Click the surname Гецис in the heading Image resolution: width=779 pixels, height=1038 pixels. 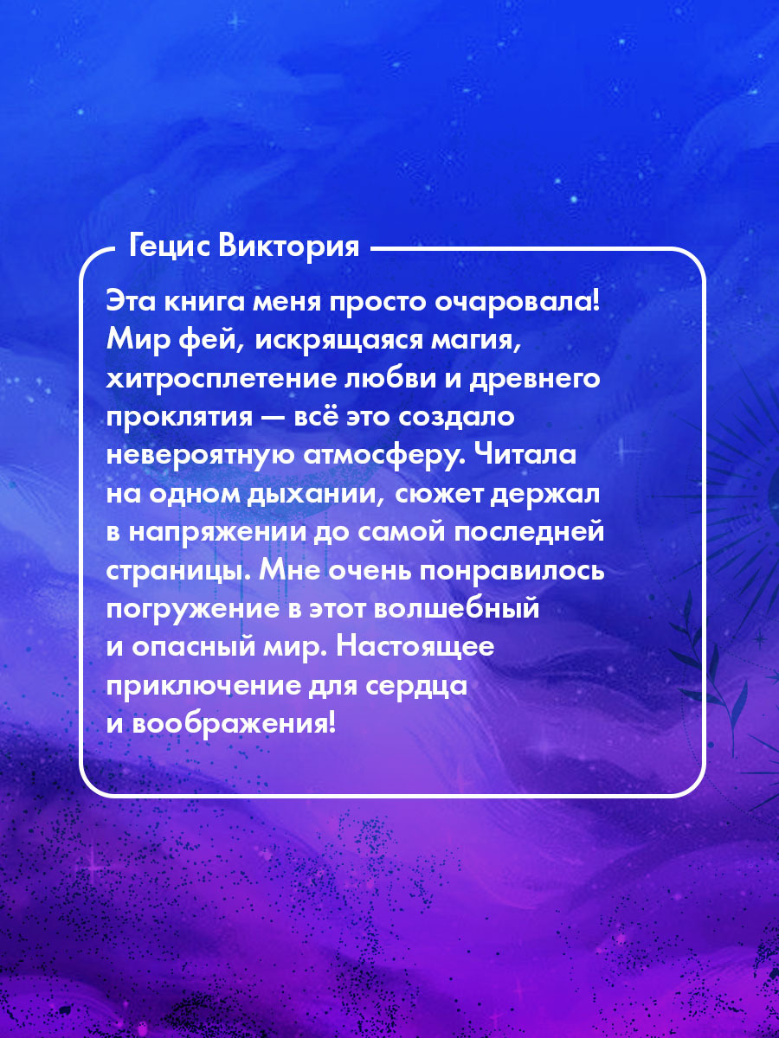pyautogui.click(x=170, y=247)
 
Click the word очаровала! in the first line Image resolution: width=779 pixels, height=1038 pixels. pyautogui.click(x=517, y=303)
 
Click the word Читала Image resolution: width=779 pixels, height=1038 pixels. pyautogui.click(x=525, y=455)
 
